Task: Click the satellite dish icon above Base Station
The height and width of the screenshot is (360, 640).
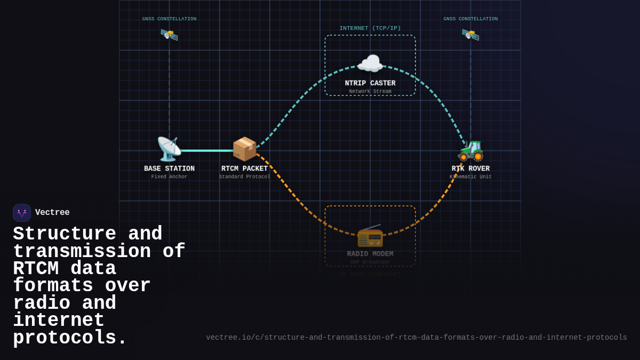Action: (x=169, y=149)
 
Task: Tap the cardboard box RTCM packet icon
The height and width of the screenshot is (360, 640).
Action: (x=244, y=149)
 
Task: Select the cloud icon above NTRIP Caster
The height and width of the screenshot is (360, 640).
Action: (x=370, y=64)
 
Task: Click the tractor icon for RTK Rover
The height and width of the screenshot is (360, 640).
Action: (x=470, y=150)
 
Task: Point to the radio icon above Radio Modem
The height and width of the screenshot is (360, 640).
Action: (x=370, y=235)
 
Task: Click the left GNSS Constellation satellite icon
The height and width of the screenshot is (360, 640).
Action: (x=169, y=35)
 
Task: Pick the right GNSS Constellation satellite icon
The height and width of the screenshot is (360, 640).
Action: (x=470, y=35)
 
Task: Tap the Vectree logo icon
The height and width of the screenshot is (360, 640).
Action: (x=22, y=213)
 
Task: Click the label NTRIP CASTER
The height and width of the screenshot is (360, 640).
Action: (x=370, y=83)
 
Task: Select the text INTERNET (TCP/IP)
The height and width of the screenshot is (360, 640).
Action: (x=370, y=28)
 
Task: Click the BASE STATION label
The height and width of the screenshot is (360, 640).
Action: (x=169, y=169)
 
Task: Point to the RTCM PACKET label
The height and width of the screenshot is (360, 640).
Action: (x=244, y=169)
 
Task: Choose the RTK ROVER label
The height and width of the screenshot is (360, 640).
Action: (x=470, y=169)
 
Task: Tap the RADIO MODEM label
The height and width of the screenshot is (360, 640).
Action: (x=370, y=254)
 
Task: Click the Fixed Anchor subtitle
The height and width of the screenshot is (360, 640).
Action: (x=169, y=177)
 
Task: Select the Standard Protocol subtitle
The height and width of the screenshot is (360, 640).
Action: (x=244, y=177)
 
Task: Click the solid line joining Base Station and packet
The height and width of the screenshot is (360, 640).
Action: (x=207, y=150)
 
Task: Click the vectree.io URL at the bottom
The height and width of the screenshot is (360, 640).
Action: (x=416, y=338)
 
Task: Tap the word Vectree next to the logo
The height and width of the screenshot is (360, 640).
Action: (x=52, y=213)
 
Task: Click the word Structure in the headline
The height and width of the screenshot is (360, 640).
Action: (x=64, y=234)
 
